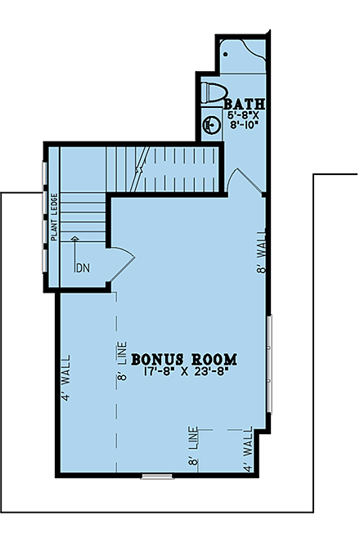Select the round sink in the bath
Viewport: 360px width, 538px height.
pos(209,127)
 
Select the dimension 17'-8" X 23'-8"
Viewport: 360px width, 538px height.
pos(184,373)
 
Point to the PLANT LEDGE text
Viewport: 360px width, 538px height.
pos(53,216)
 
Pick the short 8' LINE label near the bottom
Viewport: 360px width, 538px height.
pos(194,446)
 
